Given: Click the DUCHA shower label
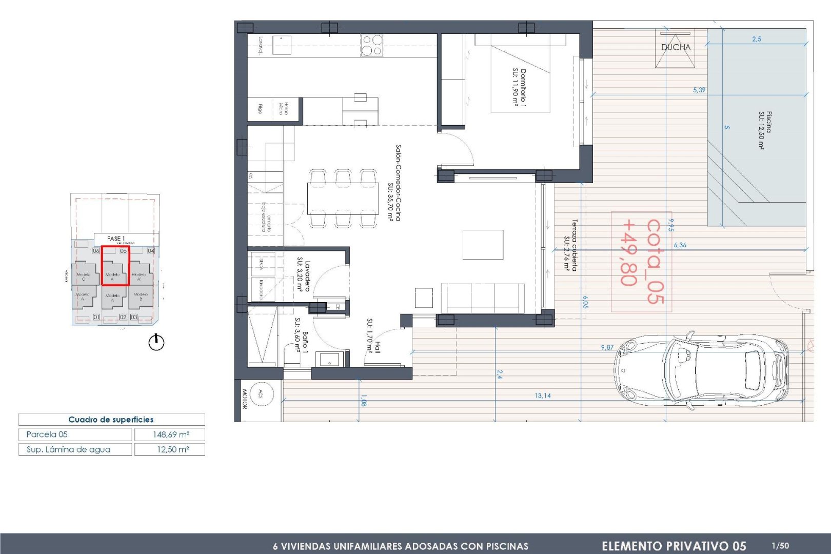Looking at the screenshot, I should point(676,47).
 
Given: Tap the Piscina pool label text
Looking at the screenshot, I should point(765,130).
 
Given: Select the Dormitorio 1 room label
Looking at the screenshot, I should point(519,87).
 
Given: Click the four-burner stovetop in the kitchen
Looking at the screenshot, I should point(372,45).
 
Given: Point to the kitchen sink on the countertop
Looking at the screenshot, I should point(282,45).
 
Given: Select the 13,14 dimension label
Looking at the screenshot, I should point(542,395).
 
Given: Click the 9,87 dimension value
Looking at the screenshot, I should point(607,347).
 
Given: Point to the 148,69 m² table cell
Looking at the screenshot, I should point(170,434).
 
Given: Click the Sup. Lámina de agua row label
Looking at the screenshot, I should point(68,449).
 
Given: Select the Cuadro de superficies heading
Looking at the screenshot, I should point(111,420).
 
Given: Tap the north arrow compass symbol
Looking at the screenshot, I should point(156,342).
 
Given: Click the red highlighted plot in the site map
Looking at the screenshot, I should point(115,265).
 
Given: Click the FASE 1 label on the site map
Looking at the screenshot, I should point(116,239).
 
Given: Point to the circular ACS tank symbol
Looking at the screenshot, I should point(261,394).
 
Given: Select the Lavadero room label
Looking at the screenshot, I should point(304,276).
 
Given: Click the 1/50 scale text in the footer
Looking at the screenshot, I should point(780,546).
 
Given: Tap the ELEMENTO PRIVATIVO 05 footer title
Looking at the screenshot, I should point(674,546).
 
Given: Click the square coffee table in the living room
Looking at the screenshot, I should point(483,245).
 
